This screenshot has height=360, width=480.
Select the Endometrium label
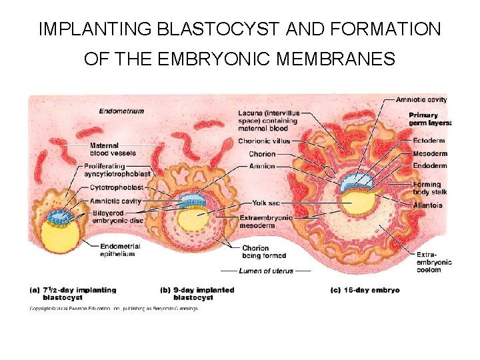(121, 111)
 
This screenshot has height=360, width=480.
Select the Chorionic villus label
(265, 141)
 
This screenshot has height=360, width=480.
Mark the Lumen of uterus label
(265, 271)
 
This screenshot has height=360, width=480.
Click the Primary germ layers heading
(430, 119)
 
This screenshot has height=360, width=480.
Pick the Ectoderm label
(429, 141)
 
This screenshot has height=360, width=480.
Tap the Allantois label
(428, 205)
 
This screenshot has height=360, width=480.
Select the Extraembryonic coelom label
(433, 262)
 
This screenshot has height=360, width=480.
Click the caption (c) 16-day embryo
(365, 290)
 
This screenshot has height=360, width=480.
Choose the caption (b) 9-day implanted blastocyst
(197, 293)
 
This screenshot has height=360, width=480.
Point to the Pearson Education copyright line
(113, 308)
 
